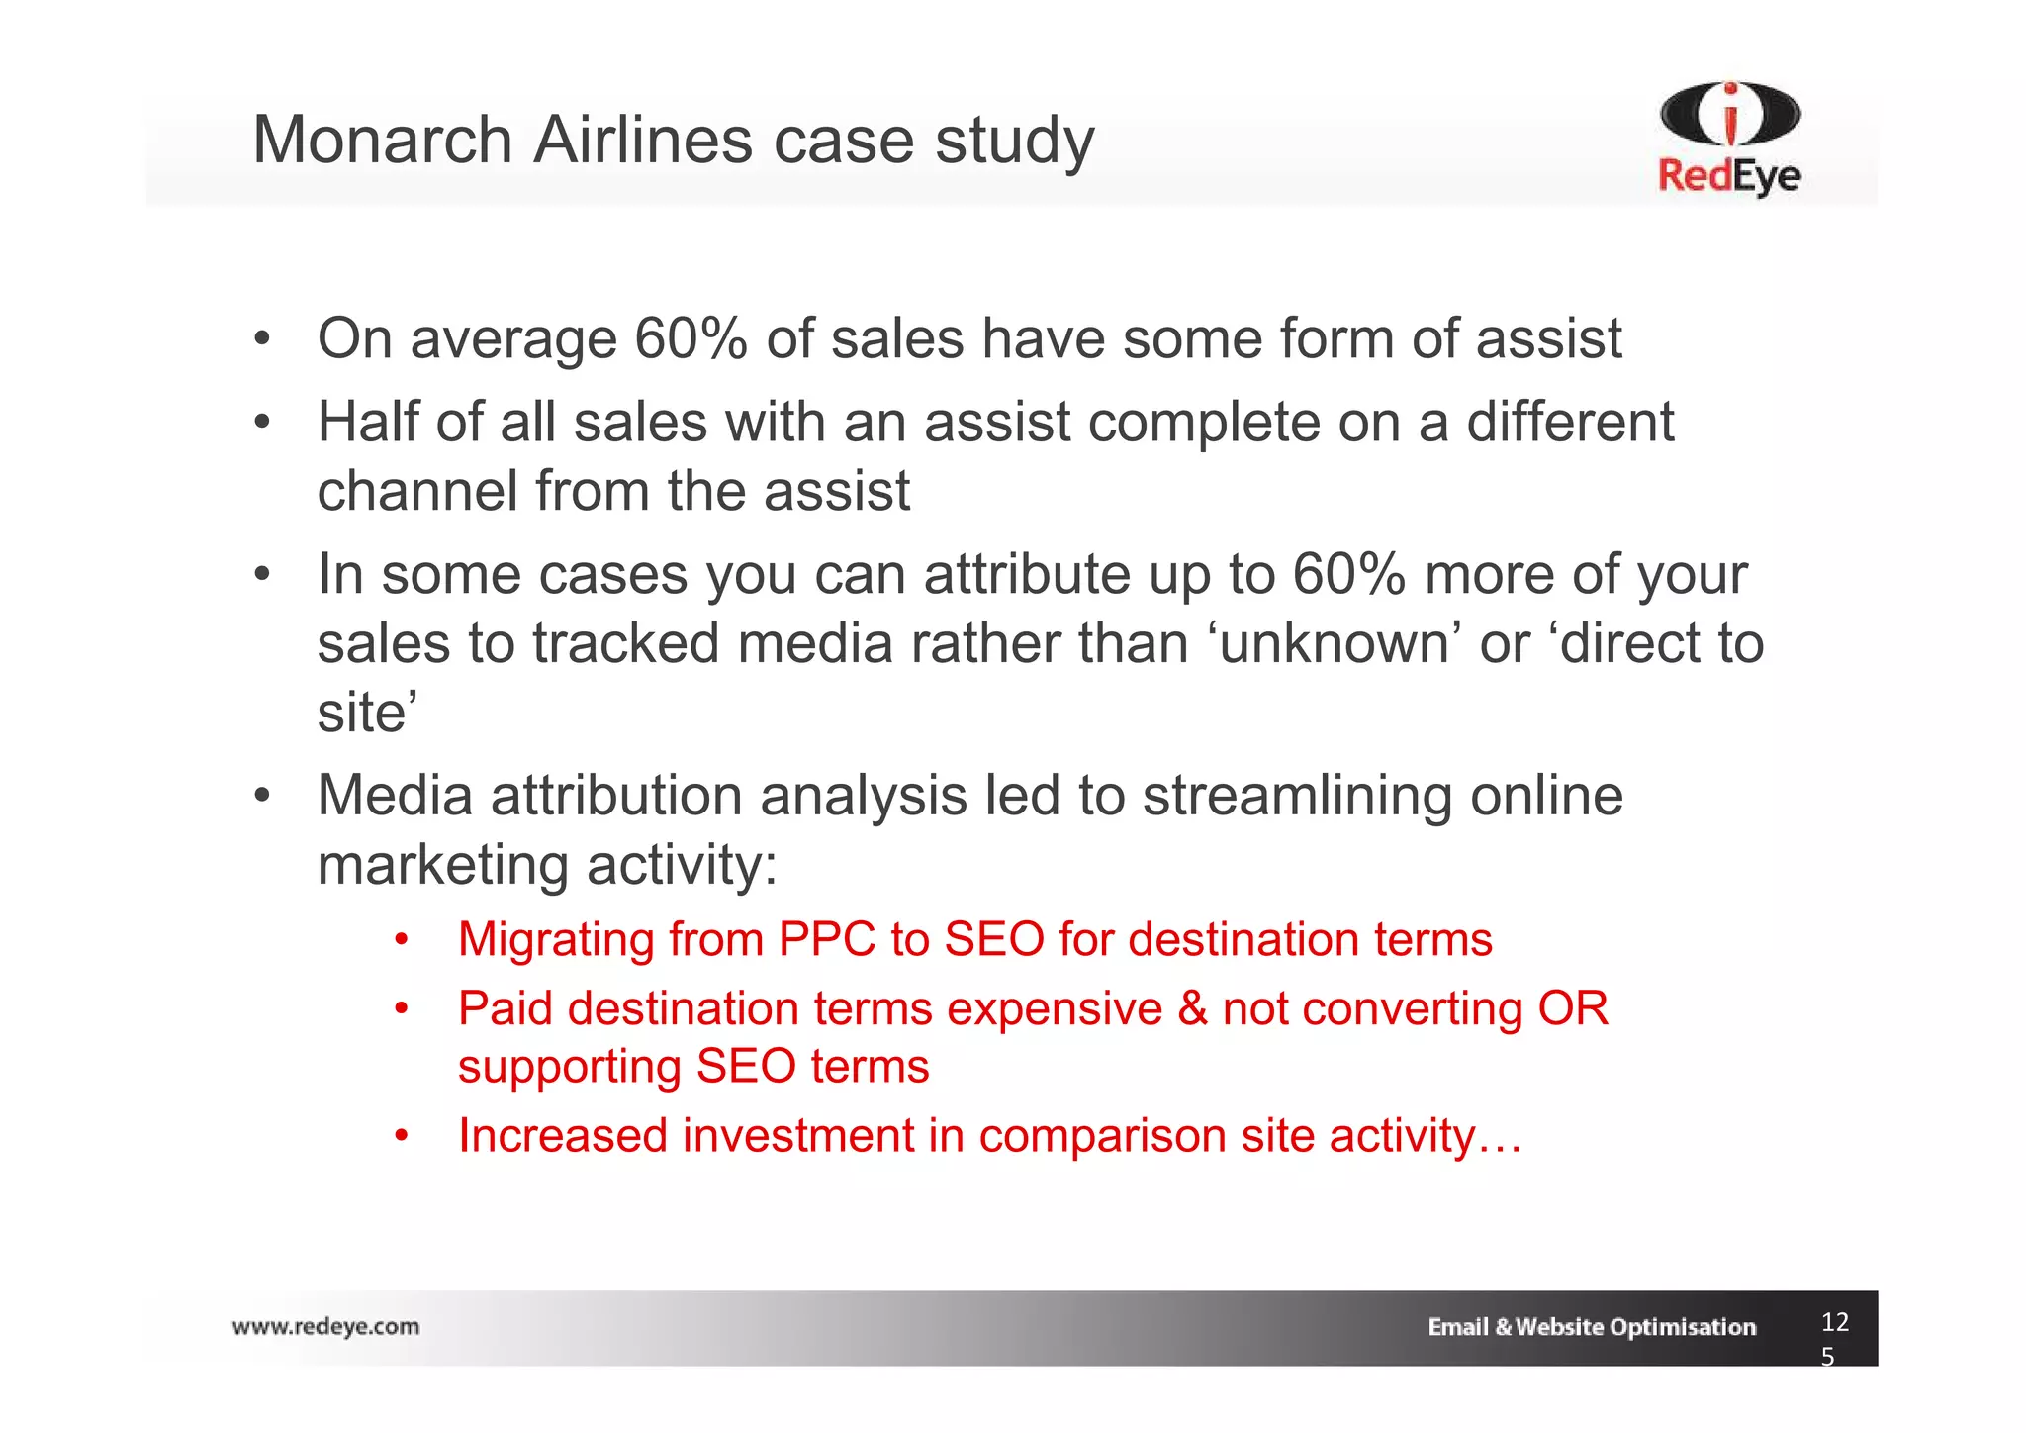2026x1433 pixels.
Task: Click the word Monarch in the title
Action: (383, 140)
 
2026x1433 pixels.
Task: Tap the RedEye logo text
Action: (1728, 176)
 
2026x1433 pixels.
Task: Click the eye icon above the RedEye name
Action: (1730, 113)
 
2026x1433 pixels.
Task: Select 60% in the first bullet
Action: (690, 338)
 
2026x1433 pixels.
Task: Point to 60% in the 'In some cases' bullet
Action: (1348, 574)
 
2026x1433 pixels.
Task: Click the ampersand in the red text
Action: (1193, 1009)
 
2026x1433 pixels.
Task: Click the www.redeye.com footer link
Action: (325, 1327)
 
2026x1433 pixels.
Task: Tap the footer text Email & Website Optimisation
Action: (1591, 1327)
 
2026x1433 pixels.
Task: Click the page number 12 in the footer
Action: (1834, 1322)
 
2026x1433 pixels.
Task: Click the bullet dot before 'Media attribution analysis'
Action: (261, 797)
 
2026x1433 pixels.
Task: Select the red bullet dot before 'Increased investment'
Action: (401, 1137)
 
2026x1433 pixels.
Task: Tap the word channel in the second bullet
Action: (417, 491)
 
